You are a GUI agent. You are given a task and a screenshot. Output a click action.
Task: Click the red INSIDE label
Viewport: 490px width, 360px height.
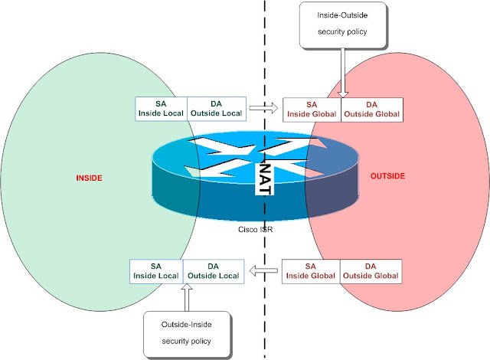(89, 178)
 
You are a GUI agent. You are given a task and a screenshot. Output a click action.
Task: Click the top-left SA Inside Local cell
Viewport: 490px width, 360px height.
(161, 108)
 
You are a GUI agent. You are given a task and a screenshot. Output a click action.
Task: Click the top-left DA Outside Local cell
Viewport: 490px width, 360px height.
(216, 108)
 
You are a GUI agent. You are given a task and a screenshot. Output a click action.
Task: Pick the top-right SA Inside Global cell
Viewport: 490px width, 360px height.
(311, 110)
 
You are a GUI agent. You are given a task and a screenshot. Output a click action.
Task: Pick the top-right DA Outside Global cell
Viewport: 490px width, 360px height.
(371, 110)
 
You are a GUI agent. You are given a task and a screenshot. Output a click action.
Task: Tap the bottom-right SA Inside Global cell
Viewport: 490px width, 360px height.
(311, 271)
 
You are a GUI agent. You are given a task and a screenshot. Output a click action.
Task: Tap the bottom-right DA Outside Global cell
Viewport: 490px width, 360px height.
(371, 271)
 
